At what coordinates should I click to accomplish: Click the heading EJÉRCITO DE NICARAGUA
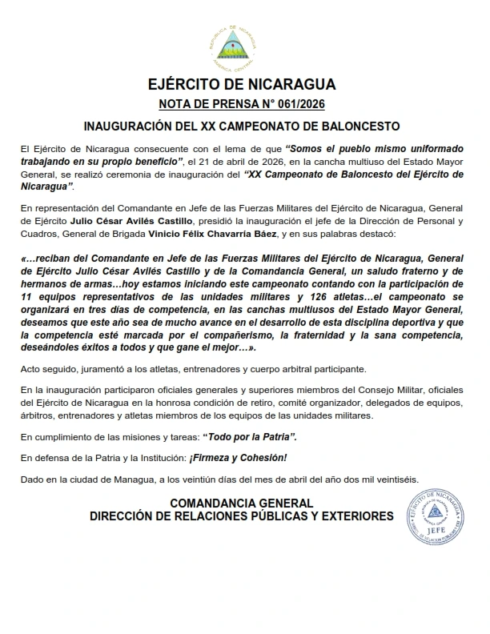(243, 85)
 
